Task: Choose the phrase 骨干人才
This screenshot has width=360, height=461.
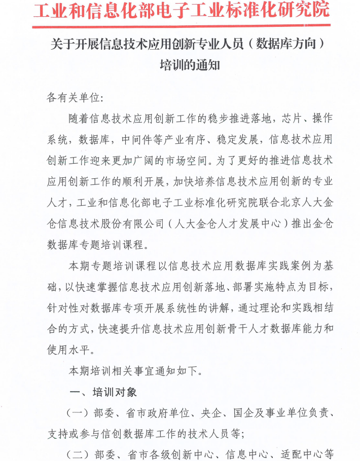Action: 242,328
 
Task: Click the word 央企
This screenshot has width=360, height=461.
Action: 210,414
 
